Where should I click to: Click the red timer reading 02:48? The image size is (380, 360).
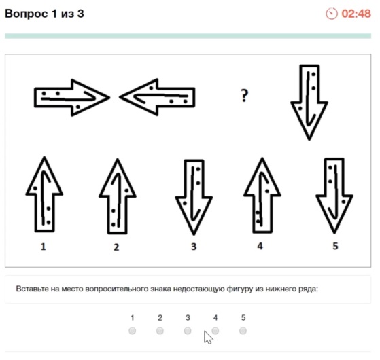point(356,14)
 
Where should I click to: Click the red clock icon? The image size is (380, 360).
point(332,14)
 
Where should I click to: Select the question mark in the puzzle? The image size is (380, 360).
point(245,96)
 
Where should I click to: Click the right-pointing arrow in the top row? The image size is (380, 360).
point(72,98)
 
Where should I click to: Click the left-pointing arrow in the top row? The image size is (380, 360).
point(157,97)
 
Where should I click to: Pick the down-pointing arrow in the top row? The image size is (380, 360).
point(309,102)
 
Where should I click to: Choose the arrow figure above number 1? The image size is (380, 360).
point(44,194)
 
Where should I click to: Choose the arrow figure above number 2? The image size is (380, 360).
point(118,196)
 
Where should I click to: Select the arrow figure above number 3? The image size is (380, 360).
point(194,197)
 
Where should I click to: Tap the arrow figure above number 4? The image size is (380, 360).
point(262,196)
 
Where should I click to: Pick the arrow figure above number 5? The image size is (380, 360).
point(334,196)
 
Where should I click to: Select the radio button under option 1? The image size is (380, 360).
point(133,331)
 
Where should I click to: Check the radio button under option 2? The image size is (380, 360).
point(160,331)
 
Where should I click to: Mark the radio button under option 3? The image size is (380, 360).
point(188,331)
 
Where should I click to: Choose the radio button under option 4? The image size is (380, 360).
point(215,331)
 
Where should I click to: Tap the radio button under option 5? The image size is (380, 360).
point(243,331)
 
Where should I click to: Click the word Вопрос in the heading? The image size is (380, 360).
point(27,14)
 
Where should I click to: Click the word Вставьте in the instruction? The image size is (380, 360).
point(32,289)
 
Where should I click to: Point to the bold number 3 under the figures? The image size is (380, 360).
point(194,247)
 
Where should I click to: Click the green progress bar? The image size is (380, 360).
point(188,36)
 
